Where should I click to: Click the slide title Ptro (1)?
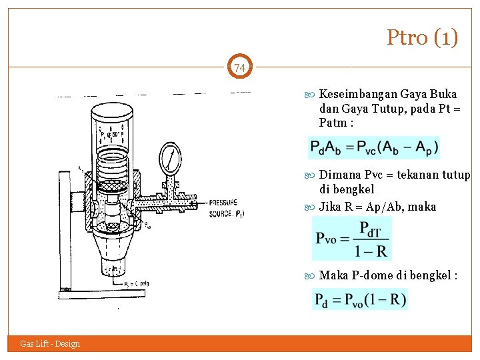click(x=422, y=37)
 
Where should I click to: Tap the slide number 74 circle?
click(x=240, y=68)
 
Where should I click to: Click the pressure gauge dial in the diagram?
click(x=170, y=159)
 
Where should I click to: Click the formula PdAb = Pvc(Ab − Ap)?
click(x=374, y=147)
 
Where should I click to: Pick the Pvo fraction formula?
click(x=351, y=238)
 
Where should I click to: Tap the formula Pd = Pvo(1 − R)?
click(x=360, y=299)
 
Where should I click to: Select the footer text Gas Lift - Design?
click(x=50, y=344)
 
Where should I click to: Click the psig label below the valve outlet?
click(x=143, y=283)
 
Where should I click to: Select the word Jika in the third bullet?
click(x=331, y=207)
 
